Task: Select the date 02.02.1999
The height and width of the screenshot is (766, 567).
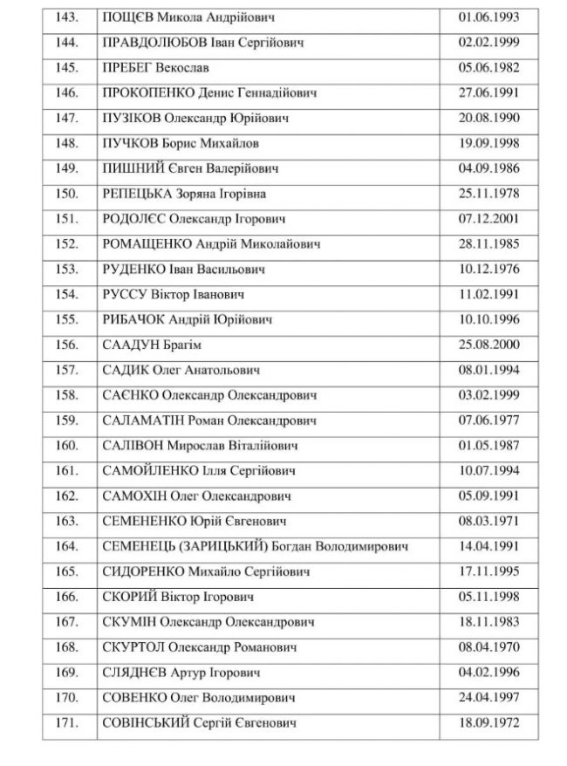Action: (x=488, y=42)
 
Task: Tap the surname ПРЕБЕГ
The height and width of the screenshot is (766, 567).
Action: (x=128, y=67)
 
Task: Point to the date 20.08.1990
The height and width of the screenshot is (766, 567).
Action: (x=488, y=118)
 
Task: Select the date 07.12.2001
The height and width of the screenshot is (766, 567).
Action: (x=488, y=219)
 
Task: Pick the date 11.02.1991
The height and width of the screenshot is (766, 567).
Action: (x=488, y=295)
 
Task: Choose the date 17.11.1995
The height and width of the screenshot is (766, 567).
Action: (x=488, y=573)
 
